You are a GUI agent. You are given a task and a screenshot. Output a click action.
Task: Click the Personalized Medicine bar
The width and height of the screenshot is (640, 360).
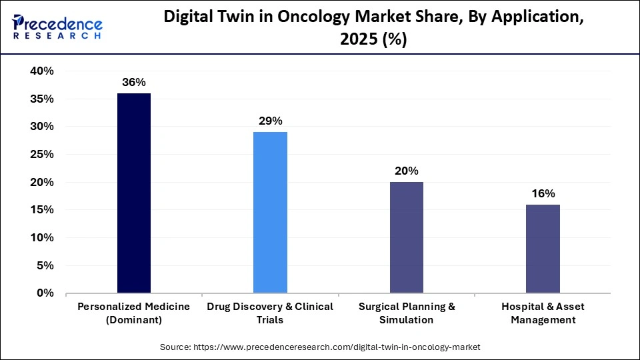[x=133, y=193]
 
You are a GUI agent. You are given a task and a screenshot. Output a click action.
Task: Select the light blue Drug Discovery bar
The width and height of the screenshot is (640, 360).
[x=270, y=212]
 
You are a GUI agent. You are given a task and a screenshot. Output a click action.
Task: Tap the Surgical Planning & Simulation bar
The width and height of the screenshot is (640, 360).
[x=406, y=237]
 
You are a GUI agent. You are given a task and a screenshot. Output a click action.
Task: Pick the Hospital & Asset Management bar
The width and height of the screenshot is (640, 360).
[x=543, y=249]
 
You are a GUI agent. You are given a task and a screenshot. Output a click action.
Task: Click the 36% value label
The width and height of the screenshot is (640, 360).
[x=133, y=83]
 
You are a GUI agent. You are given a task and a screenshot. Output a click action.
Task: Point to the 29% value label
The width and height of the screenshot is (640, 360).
[x=270, y=121]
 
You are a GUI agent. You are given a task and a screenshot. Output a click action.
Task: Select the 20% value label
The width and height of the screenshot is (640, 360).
[x=406, y=171]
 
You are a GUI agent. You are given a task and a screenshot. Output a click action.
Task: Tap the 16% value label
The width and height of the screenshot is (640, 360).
[x=543, y=193]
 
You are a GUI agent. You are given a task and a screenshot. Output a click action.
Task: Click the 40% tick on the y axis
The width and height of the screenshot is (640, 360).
[x=42, y=71]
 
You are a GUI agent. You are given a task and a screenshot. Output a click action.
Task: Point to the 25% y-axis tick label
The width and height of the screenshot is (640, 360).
[x=42, y=155]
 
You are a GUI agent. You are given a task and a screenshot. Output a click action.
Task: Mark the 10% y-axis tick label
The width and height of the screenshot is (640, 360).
[x=42, y=238]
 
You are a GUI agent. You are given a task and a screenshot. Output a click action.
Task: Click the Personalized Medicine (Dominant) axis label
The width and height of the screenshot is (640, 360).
[x=133, y=313]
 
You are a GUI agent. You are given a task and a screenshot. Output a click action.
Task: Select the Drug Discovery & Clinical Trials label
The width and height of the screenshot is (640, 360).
[x=270, y=313]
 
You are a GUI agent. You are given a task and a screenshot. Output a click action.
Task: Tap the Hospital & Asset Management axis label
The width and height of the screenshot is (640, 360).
[x=543, y=313]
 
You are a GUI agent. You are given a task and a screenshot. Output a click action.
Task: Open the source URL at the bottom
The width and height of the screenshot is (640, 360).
[x=320, y=347]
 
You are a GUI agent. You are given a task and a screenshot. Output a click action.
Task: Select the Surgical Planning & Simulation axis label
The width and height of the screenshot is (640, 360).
[x=406, y=313]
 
